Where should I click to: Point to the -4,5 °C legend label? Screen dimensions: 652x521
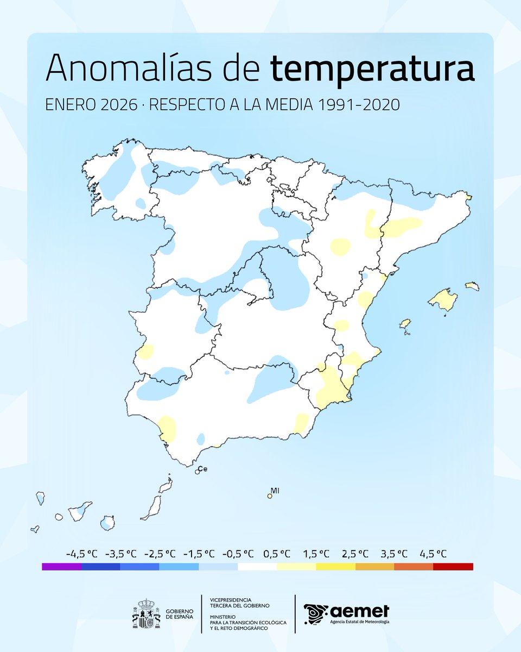[82, 554]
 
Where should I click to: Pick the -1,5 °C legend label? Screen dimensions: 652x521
[199, 554]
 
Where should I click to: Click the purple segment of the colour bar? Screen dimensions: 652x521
[61, 567]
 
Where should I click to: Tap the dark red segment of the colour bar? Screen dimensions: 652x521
[453, 567]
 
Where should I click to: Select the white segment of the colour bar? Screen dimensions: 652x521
[257, 567]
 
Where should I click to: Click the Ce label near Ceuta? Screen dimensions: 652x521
[203, 468]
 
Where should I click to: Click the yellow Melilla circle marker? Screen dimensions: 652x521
[270, 496]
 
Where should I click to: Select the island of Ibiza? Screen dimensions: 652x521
[405, 324]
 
